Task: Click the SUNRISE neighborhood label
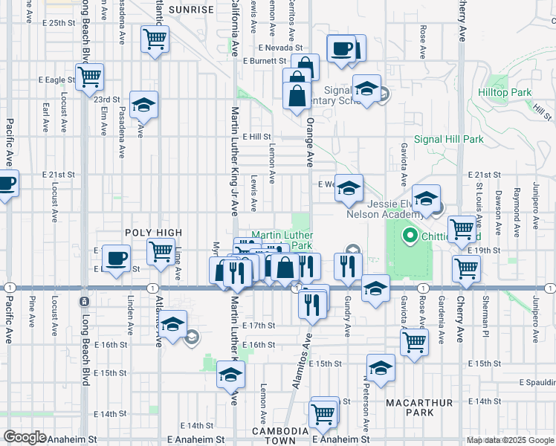pyautogui.click(x=191, y=10)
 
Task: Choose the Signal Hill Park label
pyautogui.click(x=448, y=139)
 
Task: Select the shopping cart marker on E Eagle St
pyautogui.click(x=89, y=76)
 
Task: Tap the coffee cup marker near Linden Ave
pyautogui.click(x=115, y=258)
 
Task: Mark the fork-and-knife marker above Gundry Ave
pyautogui.click(x=347, y=266)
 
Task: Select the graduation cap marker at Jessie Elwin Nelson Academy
pyautogui.click(x=426, y=198)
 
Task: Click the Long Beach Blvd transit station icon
pyautogui.click(x=84, y=301)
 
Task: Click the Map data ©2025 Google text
pyautogui.click(x=509, y=440)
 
